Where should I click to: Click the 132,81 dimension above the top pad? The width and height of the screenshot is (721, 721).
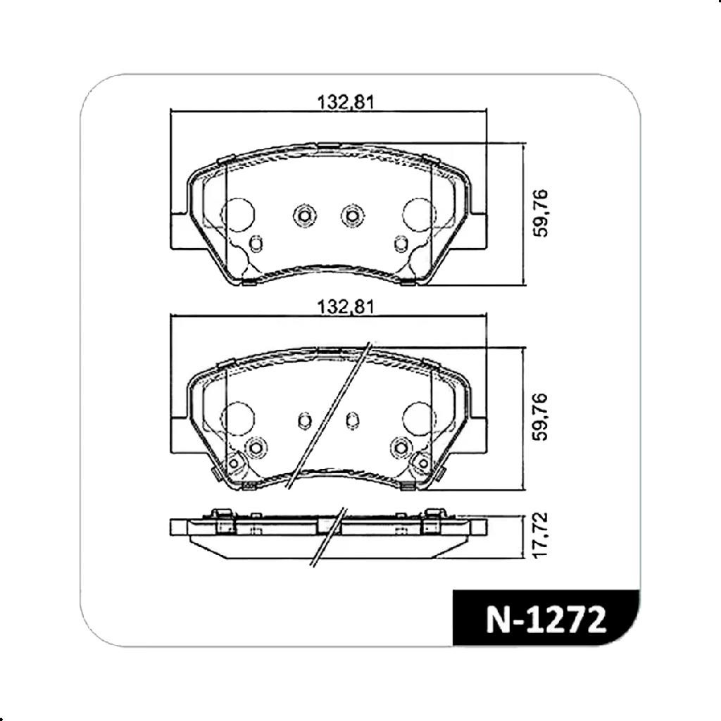(346, 102)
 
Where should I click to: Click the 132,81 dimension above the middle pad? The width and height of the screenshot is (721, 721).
(346, 307)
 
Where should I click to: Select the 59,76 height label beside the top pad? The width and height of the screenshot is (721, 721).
(541, 213)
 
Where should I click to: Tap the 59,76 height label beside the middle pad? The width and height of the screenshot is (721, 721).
(541, 417)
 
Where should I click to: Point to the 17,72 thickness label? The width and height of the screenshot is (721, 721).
(541, 535)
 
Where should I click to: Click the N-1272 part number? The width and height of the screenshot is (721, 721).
(546, 620)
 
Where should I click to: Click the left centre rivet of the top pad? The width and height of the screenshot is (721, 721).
(304, 215)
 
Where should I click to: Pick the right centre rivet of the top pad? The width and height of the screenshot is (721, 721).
(352, 215)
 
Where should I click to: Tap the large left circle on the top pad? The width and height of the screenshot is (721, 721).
(238, 215)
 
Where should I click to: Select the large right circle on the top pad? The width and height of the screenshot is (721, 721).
(419, 215)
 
